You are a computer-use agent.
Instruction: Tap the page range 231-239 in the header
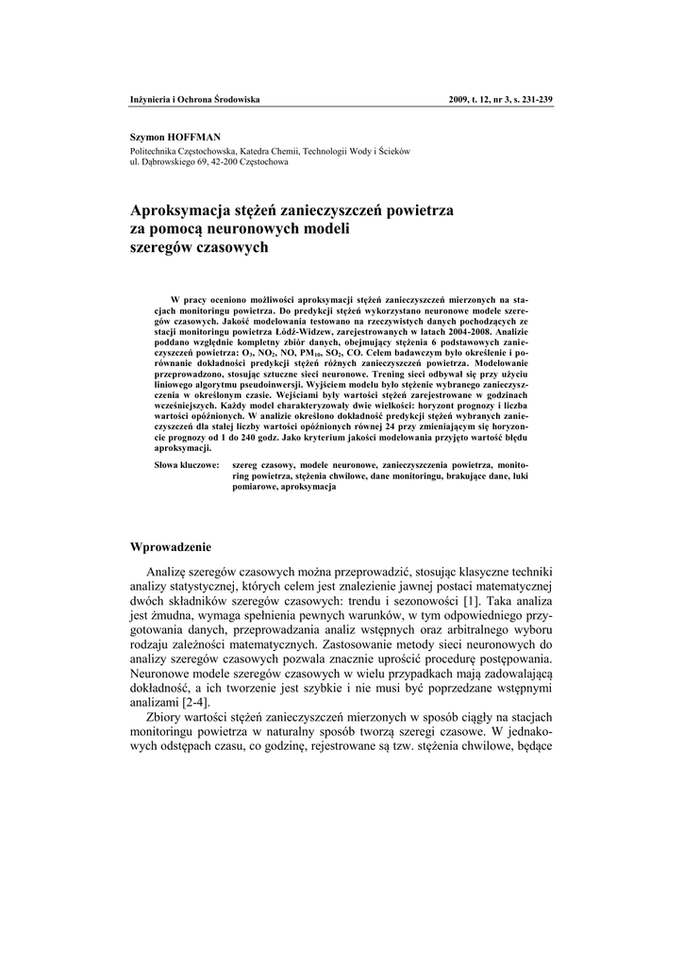535,100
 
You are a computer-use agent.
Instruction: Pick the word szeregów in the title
163,247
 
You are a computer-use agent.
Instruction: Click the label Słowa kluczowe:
187,466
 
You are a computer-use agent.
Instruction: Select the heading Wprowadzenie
171,547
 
